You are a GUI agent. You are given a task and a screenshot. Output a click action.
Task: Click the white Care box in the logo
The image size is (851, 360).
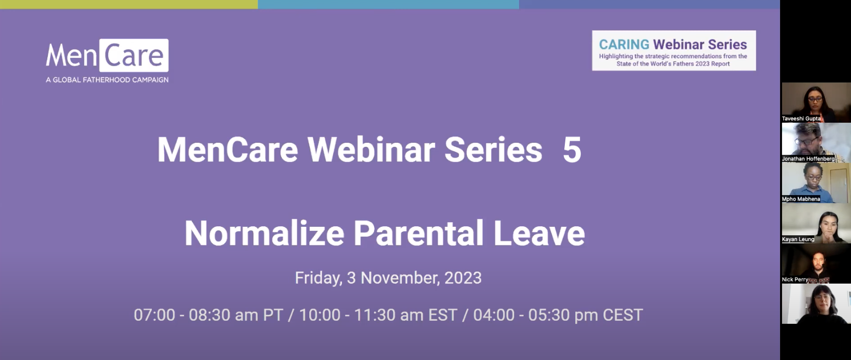134,55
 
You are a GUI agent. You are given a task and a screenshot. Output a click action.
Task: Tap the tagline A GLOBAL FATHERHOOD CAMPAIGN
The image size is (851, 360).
107,80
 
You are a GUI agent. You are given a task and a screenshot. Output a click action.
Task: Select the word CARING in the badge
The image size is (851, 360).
624,44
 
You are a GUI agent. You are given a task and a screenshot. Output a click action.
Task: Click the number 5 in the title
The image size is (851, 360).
572,150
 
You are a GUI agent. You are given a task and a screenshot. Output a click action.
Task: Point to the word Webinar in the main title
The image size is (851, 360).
371,150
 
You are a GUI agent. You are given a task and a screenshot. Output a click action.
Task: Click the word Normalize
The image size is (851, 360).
264,233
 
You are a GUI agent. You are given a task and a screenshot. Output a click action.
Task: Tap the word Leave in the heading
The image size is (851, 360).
539,233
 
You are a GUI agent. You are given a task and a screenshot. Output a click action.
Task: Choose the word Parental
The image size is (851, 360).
418,233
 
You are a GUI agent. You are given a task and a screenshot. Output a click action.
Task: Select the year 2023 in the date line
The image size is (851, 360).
463,278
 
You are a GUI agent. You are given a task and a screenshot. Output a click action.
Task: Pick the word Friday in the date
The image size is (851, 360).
318,278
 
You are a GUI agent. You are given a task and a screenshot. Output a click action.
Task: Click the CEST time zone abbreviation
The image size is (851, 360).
623,315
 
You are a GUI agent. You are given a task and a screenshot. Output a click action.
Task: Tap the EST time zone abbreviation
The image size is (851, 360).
443,315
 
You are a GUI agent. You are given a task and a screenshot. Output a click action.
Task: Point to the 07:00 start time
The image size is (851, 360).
154,315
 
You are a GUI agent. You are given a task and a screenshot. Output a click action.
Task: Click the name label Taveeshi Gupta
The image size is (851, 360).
801,119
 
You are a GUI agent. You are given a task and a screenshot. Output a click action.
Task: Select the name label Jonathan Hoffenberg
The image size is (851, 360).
808,159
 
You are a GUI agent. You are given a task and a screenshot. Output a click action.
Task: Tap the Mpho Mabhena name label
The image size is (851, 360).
801,199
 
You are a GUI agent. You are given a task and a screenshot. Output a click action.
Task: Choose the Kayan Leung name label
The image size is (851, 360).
798,239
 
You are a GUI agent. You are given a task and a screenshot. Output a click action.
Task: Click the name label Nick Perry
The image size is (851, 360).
795,280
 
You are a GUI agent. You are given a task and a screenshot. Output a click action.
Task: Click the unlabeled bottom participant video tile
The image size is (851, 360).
816,304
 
